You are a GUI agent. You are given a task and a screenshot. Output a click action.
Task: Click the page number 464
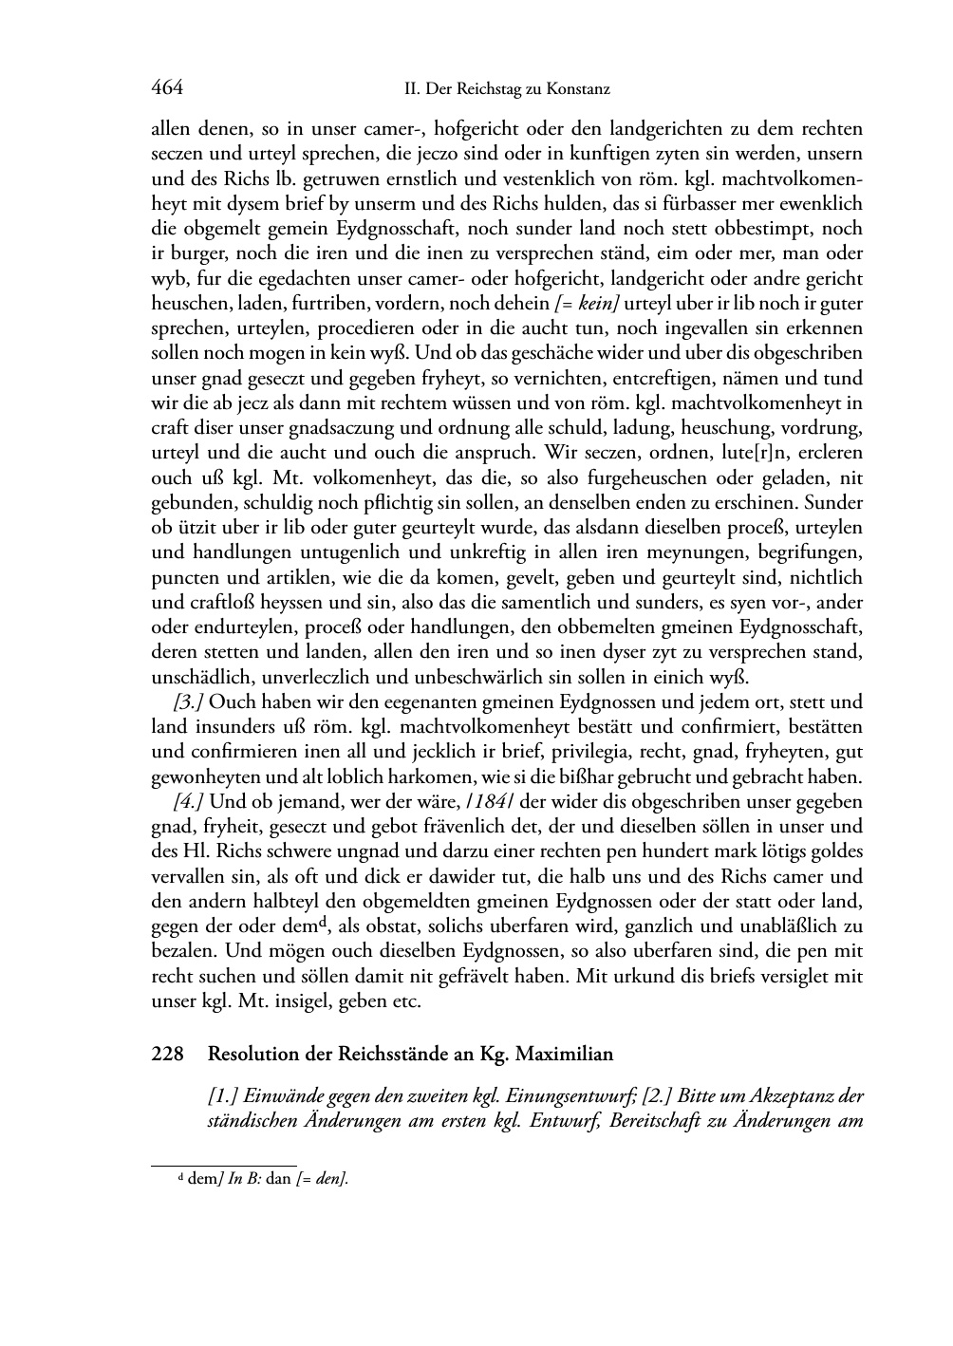[x=167, y=88]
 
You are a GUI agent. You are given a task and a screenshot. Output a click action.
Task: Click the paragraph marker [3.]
[x=189, y=703]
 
